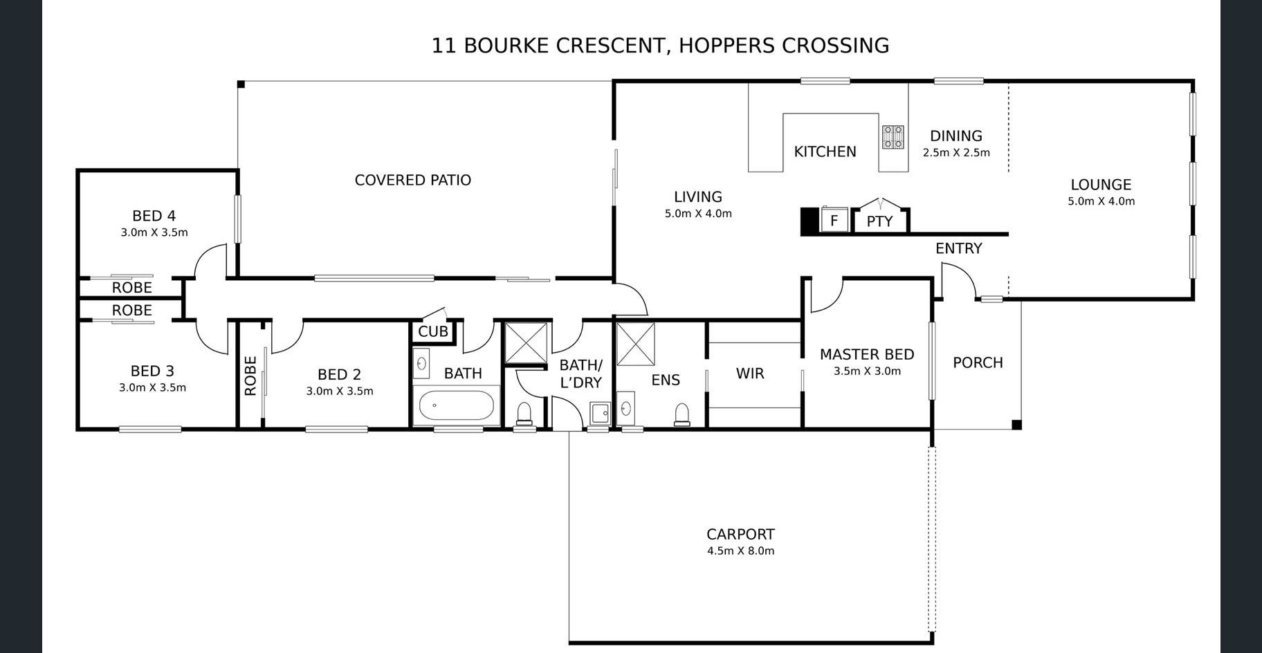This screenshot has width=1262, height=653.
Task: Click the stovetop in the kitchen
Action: point(893,137)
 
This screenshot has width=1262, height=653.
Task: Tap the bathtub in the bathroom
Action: point(457,406)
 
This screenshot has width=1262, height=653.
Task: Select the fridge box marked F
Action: point(834,221)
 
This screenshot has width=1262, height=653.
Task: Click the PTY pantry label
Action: point(879,222)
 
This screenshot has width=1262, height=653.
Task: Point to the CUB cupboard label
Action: point(433,331)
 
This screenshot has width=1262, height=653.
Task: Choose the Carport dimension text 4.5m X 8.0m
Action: point(740,551)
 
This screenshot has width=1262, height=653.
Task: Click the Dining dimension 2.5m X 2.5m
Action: point(956,153)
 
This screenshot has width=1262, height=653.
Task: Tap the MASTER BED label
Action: point(867,354)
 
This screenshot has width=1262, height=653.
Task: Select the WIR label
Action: point(750,374)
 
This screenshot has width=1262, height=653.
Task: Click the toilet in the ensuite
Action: point(682,414)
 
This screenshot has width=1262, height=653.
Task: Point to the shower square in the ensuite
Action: point(635,344)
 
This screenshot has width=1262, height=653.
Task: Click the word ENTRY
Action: point(958,248)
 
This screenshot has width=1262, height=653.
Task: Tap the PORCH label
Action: point(978,362)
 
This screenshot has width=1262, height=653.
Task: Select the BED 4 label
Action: point(154,216)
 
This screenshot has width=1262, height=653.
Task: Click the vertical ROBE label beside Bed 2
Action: point(250,376)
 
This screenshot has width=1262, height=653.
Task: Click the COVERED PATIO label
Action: point(413,180)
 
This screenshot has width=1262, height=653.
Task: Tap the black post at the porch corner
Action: point(1016,425)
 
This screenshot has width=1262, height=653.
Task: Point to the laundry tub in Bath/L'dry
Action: point(600,413)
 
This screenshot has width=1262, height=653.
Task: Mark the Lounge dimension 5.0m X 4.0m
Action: point(1101,201)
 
